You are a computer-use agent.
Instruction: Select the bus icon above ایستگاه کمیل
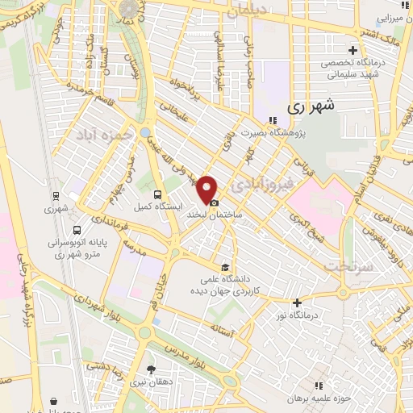pyautogui.click(x=157, y=194)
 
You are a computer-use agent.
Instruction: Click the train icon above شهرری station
pyautogui.click(x=55, y=195)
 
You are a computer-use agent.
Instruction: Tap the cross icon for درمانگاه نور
pyautogui.click(x=297, y=303)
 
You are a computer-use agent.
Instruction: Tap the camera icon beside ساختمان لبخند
pyautogui.click(x=214, y=202)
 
